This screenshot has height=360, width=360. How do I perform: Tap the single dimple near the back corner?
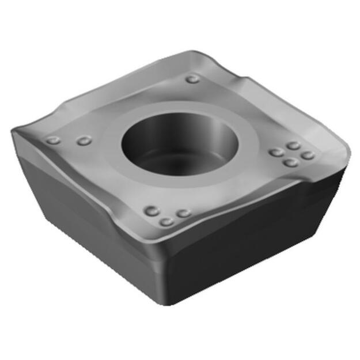(192, 79)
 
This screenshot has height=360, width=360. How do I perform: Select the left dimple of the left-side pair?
(53, 140)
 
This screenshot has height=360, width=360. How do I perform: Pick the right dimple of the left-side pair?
(84, 141)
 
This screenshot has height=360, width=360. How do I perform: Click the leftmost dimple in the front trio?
(152, 211)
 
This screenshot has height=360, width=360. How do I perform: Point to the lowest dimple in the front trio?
(167, 221)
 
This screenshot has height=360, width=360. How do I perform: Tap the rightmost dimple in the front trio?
(184, 213)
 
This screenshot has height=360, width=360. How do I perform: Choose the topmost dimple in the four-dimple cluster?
(294, 146)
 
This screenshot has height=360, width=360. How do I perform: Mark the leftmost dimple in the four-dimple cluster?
(276, 153)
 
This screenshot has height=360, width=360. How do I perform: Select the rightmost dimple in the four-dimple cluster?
(308, 155)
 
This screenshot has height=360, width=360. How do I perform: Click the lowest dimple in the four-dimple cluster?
(291, 162)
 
